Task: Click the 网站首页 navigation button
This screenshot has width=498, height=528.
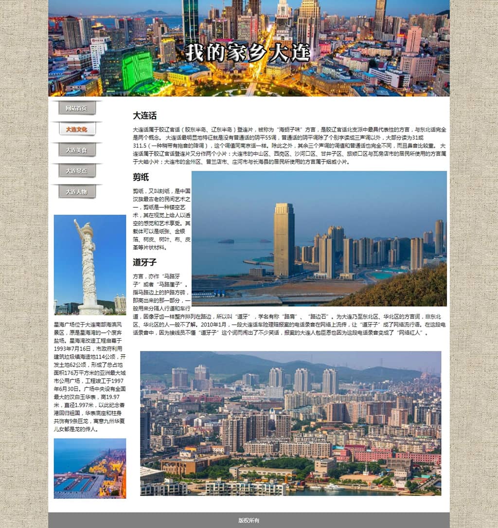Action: pos(76,108)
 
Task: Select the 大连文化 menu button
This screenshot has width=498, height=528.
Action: pos(76,129)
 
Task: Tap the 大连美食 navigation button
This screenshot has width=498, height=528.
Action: pos(76,150)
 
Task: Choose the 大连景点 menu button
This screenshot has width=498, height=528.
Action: pos(76,171)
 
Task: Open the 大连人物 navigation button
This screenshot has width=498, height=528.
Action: pos(76,192)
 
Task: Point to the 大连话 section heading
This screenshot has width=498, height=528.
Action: pos(145,116)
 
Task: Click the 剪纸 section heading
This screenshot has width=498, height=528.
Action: pos(141,177)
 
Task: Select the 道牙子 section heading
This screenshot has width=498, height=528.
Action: pos(145,262)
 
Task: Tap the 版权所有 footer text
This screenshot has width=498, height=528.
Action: pos(249,520)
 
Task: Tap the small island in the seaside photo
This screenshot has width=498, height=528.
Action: pos(226,241)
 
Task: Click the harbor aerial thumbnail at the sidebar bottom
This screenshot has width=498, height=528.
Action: pos(90,468)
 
